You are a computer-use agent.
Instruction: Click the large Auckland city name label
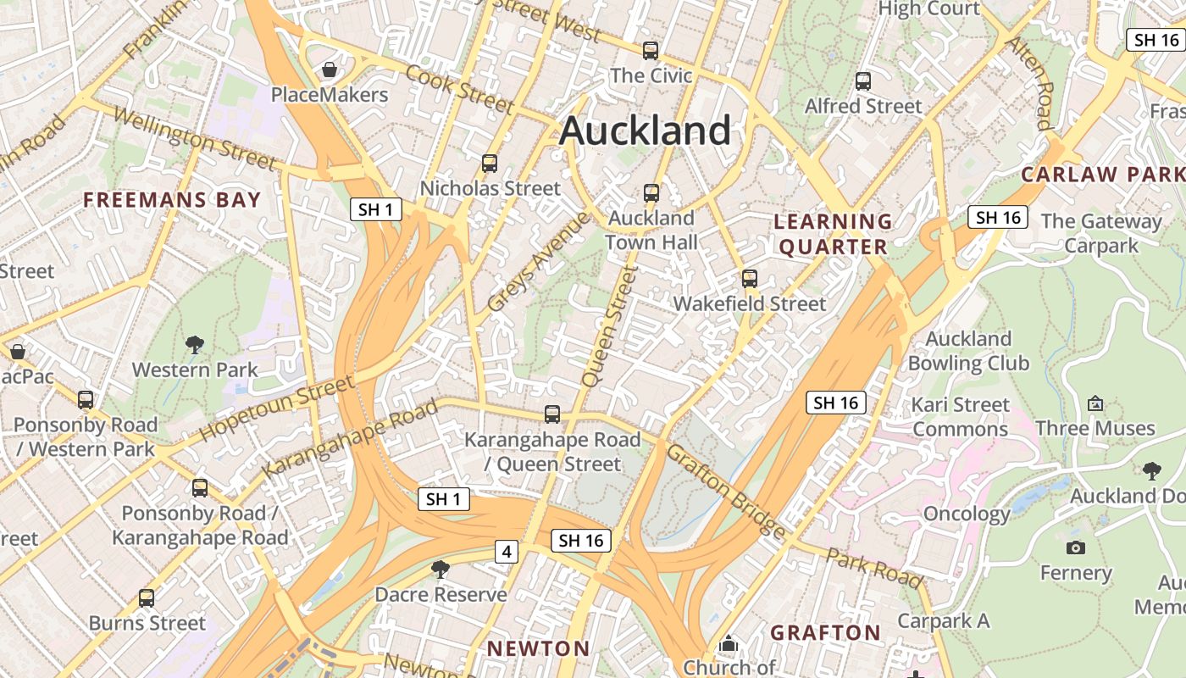(x=645, y=131)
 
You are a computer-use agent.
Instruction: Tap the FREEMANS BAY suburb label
(x=172, y=200)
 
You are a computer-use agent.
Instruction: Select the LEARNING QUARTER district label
(x=834, y=234)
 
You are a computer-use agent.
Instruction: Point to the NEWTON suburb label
(x=538, y=648)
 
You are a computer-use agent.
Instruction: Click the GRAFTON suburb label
(x=826, y=632)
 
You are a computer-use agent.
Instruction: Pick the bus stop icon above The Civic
(x=650, y=51)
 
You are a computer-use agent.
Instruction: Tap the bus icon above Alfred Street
(x=862, y=81)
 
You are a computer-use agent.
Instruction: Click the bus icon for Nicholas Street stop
(x=489, y=164)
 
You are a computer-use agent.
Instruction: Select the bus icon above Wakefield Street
(x=749, y=279)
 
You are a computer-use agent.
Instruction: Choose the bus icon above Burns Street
(x=147, y=598)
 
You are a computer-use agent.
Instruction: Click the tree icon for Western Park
(x=195, y=345)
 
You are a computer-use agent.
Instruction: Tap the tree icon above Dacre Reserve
(x=440, y=570)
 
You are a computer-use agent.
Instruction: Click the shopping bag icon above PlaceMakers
(x=329, y=69)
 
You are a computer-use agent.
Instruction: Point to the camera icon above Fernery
(x=1076, y=548)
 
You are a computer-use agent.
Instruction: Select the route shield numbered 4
(x=507, y=553)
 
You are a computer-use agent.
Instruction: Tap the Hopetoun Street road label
(x=277, y=408)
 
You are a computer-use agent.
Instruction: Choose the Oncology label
(x=967, y=514)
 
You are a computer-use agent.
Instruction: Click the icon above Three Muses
(x=1095, y=403)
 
